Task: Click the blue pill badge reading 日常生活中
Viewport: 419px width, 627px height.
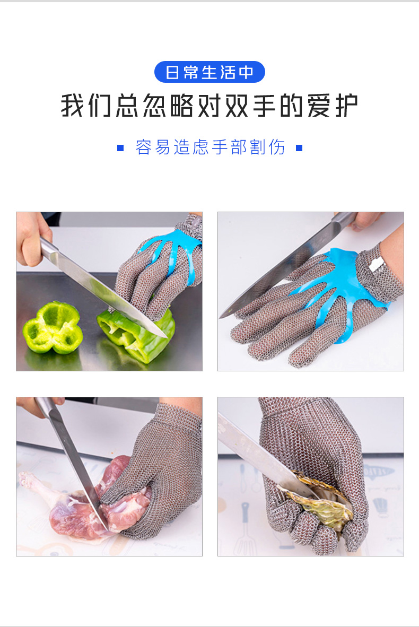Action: pyautogui.click(x=210, y=72)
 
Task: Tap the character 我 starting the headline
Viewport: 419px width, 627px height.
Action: pyautogui.click(x=73, y=106)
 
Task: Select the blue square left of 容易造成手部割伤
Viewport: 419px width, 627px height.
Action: pyautogui.click(x=120, y=148)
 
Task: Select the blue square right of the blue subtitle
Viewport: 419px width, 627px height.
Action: pyautogui.click(x=299, y=148)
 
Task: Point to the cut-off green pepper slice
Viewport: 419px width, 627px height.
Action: pyautogui.click(x=53, y=328)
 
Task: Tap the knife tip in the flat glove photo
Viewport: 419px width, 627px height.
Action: pyautogui.click(x=221, y=317)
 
